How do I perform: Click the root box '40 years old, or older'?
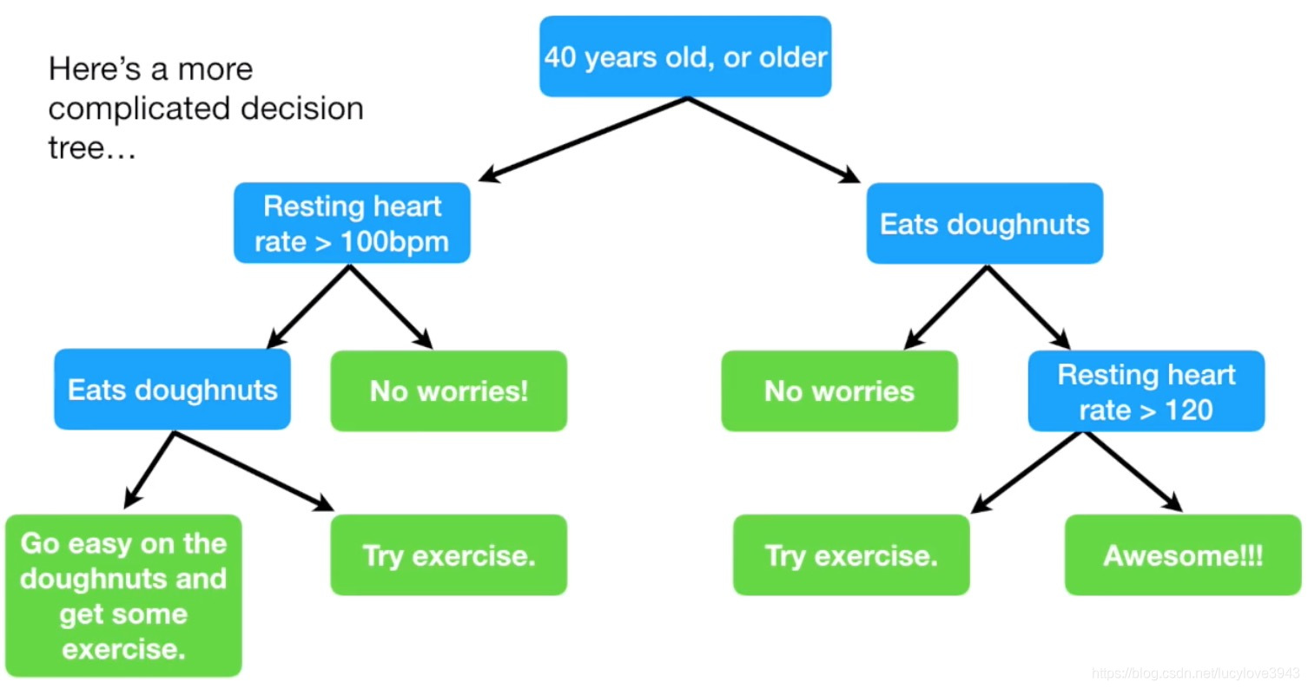click(x=685, y=56)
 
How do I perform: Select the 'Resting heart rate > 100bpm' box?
click(x=352, y=223)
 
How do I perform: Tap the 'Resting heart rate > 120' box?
click(x=1146, y=390)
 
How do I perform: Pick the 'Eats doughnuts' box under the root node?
click(x=985, y=223)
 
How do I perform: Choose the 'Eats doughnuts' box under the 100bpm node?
click(x=172, y=389)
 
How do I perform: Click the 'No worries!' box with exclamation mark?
click(x=448, y=390)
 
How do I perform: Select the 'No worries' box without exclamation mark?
click(x=839, y=390)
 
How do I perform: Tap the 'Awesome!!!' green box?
click(x=1182, y=554)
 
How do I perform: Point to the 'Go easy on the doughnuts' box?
click(x=123, y=595)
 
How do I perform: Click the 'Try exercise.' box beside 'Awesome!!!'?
click(x=851, y=554)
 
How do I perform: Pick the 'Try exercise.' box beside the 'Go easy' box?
click(x=448, y=554)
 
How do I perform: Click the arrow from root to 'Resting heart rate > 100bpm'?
click(x=583, y=140)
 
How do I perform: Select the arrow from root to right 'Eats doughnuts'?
click(x=774, y=140)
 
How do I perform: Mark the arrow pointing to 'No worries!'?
click(x=391, y=307)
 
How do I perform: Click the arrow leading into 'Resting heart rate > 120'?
click(x=1028, y=307)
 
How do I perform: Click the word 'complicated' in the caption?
click(x=141, y=108)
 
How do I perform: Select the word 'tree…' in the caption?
click(x=92, y=148)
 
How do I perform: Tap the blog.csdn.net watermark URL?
click(x=1195, y=673)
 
